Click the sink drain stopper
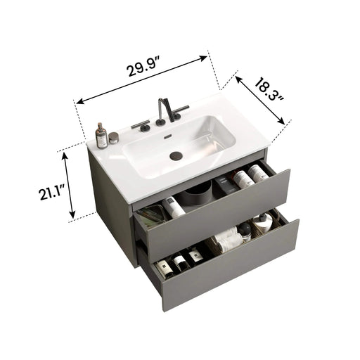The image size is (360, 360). [x=176, y=153]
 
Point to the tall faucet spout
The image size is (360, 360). [x=162, y=110]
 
